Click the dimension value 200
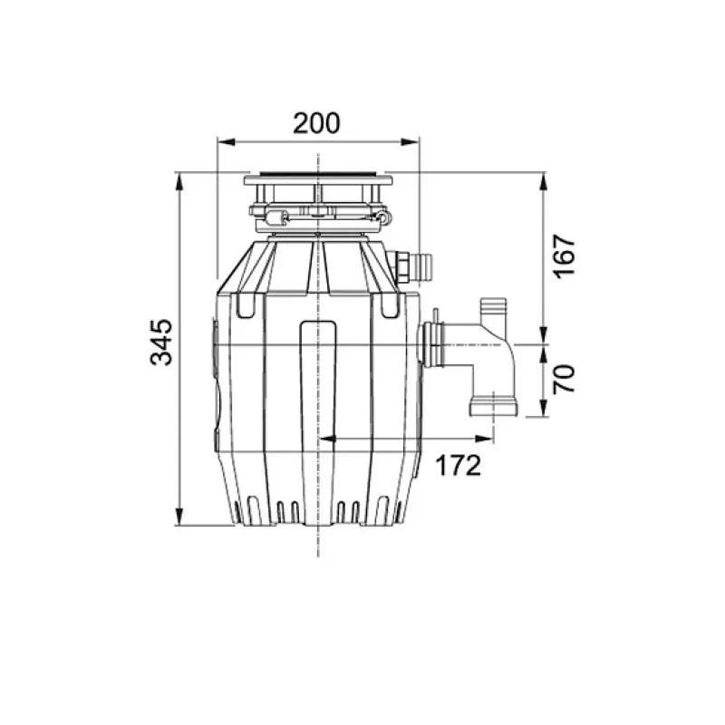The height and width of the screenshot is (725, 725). click(316, 123)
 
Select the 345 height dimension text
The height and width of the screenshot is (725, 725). click(162, 343)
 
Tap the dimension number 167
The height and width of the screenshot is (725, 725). click(565, 256)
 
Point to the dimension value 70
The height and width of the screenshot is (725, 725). click(565, 379)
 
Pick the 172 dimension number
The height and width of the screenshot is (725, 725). click(459, 466)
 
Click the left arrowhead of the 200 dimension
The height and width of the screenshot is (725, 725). click(227, 142)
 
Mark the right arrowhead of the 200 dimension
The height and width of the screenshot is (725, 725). click(410, 142)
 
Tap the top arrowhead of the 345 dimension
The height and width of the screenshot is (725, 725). click(179, 182)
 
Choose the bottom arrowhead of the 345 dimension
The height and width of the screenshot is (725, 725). click(179, 516)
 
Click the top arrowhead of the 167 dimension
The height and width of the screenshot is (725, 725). click(545, 182)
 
